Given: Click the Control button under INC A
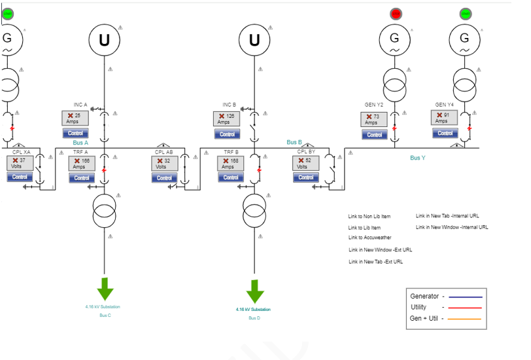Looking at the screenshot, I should point(75,134).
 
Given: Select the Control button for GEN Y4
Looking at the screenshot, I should point(445,133).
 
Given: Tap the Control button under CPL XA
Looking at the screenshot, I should point(20,177).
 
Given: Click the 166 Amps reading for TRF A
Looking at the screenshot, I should point(82,163).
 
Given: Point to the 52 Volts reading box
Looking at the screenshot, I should point(305,163).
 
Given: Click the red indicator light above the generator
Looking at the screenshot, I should point(396,13).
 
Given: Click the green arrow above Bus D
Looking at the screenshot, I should point(255,291).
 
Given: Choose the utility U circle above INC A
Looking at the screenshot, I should point(105,40).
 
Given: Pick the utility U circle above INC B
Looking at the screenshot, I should point(254,40).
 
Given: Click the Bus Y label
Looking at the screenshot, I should point(418,158).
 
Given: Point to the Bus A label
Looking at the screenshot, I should point(80,143).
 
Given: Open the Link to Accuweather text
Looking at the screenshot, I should point(370,238).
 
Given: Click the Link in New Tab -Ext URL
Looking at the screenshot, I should point(375,262).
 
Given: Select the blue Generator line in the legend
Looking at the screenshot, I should point(465,297).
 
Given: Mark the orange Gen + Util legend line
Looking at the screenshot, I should point(465,319).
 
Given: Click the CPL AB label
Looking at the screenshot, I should point(164,152).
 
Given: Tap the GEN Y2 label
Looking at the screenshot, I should point(374,105).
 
